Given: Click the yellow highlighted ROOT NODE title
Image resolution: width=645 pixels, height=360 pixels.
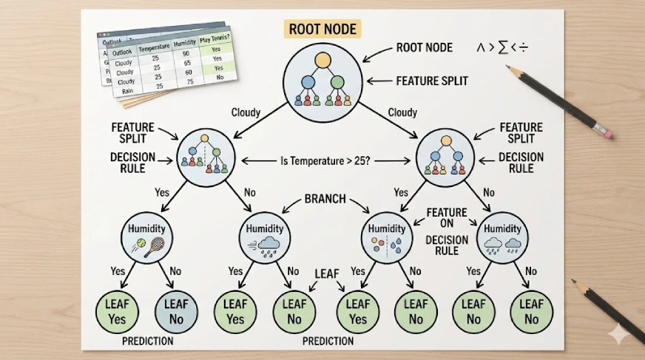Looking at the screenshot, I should [x=322, y=30].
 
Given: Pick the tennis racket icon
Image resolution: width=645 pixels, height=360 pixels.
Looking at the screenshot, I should [x=153, y=245].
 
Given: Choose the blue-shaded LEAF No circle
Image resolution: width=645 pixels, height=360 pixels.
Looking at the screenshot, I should [x=176, y=311].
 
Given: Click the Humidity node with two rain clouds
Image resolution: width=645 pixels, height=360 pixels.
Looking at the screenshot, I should [x=502, y=234].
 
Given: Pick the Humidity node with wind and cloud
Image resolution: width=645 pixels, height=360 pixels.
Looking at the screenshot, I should [x=264, y=235].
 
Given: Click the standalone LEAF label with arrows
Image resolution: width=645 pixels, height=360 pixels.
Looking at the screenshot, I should [x=326, y=274].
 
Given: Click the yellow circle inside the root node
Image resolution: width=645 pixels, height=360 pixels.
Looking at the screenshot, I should [x=322, y=59].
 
